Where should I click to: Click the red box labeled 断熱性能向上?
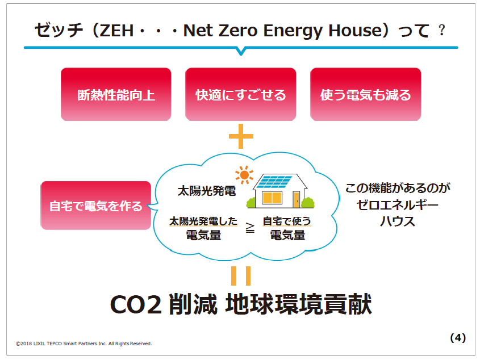click(116, 94)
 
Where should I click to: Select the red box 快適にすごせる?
click(241, 94)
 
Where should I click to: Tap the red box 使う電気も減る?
click(365, 94)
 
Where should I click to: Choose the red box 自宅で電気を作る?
click(96, 206)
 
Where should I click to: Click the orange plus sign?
click(241, 136)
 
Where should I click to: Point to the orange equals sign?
click(241, 276)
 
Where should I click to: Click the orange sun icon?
click(244, 175)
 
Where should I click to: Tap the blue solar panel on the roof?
click(274, 182)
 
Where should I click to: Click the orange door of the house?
click(297, 199)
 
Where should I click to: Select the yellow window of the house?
click(272, 198)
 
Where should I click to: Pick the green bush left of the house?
click(251, 203)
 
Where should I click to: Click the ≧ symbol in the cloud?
click(250, 228)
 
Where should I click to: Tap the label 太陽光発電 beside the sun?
click(207, 191)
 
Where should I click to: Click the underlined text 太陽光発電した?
click(203, 221)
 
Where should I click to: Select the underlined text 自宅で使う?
click(287, 221)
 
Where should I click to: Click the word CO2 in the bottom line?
click(136, 305)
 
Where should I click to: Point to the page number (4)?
click(458, 338)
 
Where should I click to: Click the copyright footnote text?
click(84, 344)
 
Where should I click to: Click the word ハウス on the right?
click(397, 221)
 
